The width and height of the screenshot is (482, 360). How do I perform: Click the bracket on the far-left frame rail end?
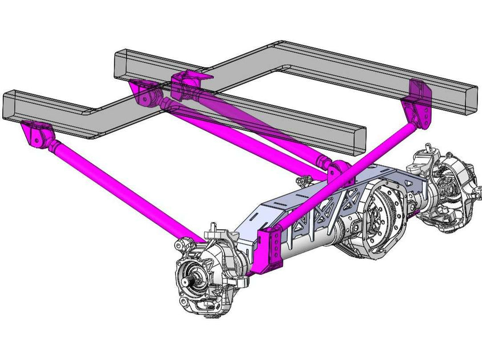35,135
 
